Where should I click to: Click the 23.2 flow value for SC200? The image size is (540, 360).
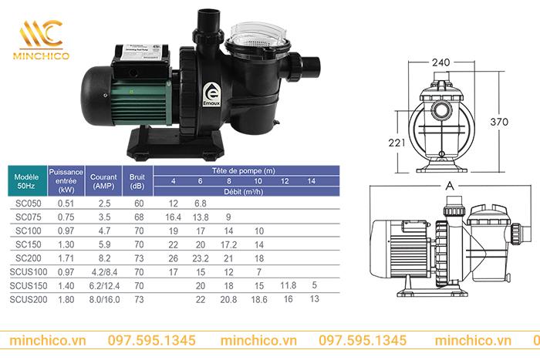[200, 257]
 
